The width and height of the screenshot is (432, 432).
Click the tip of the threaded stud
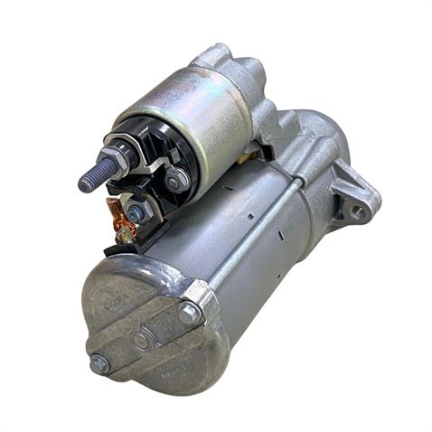84,182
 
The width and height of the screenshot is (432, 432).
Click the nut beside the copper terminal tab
136,212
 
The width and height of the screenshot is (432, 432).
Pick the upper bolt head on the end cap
190,313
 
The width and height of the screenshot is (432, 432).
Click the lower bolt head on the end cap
99,365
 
